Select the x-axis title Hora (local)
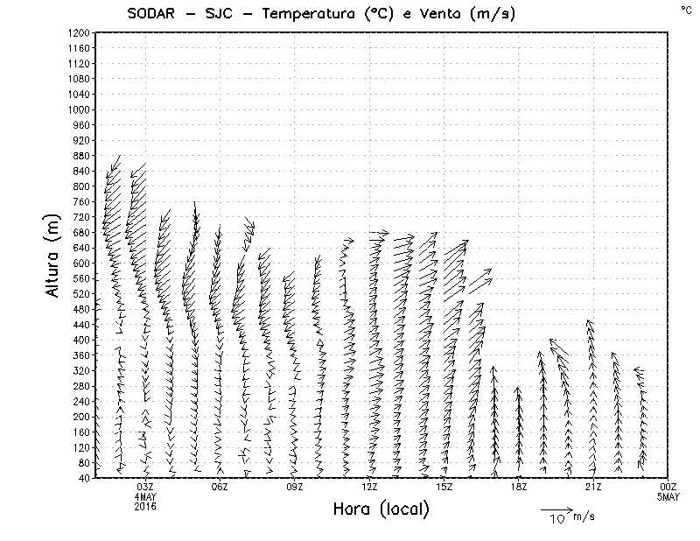(x=381, y=509)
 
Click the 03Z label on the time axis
(x=145, y=487)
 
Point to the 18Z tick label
(x=519, y=487)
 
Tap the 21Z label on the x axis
(x=593, y=487)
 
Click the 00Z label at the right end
(x=668, y=487)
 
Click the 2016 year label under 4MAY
(x=145, y=506)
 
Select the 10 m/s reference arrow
(x=556, y=509)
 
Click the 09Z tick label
(x=295, y=487)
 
